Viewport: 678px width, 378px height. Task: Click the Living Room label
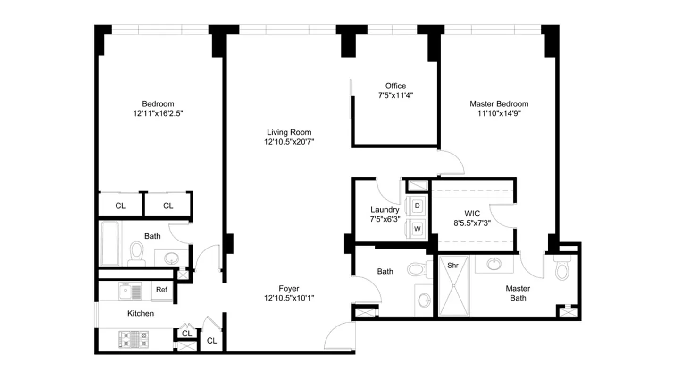pos(289,132)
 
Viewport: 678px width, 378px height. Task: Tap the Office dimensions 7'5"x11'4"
pos(395,95)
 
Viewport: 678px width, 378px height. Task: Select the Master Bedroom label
pos(499,104)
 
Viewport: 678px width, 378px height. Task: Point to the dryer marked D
pos(417,206)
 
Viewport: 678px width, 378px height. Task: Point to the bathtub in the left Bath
pos(110,243)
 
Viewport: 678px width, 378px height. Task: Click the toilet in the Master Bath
pos(561,269)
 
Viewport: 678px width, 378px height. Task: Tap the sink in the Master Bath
pos(494,264)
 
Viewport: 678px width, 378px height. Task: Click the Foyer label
pos(289,288)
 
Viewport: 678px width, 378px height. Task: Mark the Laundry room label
pos(385,210)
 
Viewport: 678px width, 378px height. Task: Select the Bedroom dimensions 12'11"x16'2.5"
pos(158,113)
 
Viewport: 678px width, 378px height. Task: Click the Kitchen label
pos(141,313)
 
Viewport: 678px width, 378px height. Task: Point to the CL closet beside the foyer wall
pos(212,340)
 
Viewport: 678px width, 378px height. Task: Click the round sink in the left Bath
pos(171,258)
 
